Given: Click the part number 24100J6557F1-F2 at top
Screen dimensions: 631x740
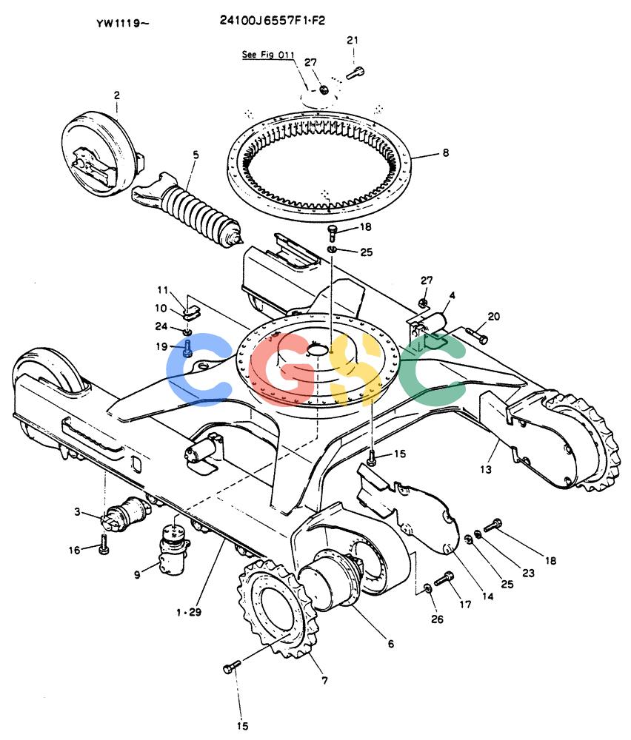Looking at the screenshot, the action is coord(273,20).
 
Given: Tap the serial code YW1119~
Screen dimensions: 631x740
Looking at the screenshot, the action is coord(123,23).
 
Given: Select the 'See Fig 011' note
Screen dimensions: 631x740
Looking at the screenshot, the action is coord(268,55).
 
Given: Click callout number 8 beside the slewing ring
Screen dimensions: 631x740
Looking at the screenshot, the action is coord(445,153).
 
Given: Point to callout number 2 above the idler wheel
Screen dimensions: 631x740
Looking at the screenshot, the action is coord(117,95).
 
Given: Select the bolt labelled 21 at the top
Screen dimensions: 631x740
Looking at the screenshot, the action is coord(355,73).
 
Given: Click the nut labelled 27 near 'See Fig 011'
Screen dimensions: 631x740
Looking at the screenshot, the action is coord(324,89).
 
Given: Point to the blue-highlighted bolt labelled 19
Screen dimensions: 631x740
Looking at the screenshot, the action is coord(188,349).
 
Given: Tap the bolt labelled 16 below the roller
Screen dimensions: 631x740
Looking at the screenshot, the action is coord(104,544).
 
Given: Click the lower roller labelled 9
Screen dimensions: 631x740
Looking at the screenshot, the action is coord(173,550).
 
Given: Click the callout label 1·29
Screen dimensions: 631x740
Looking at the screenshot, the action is coord(188,612).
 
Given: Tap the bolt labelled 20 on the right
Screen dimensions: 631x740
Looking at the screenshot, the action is coord(476,335).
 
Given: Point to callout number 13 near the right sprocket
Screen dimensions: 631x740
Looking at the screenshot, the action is coord(486,469).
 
